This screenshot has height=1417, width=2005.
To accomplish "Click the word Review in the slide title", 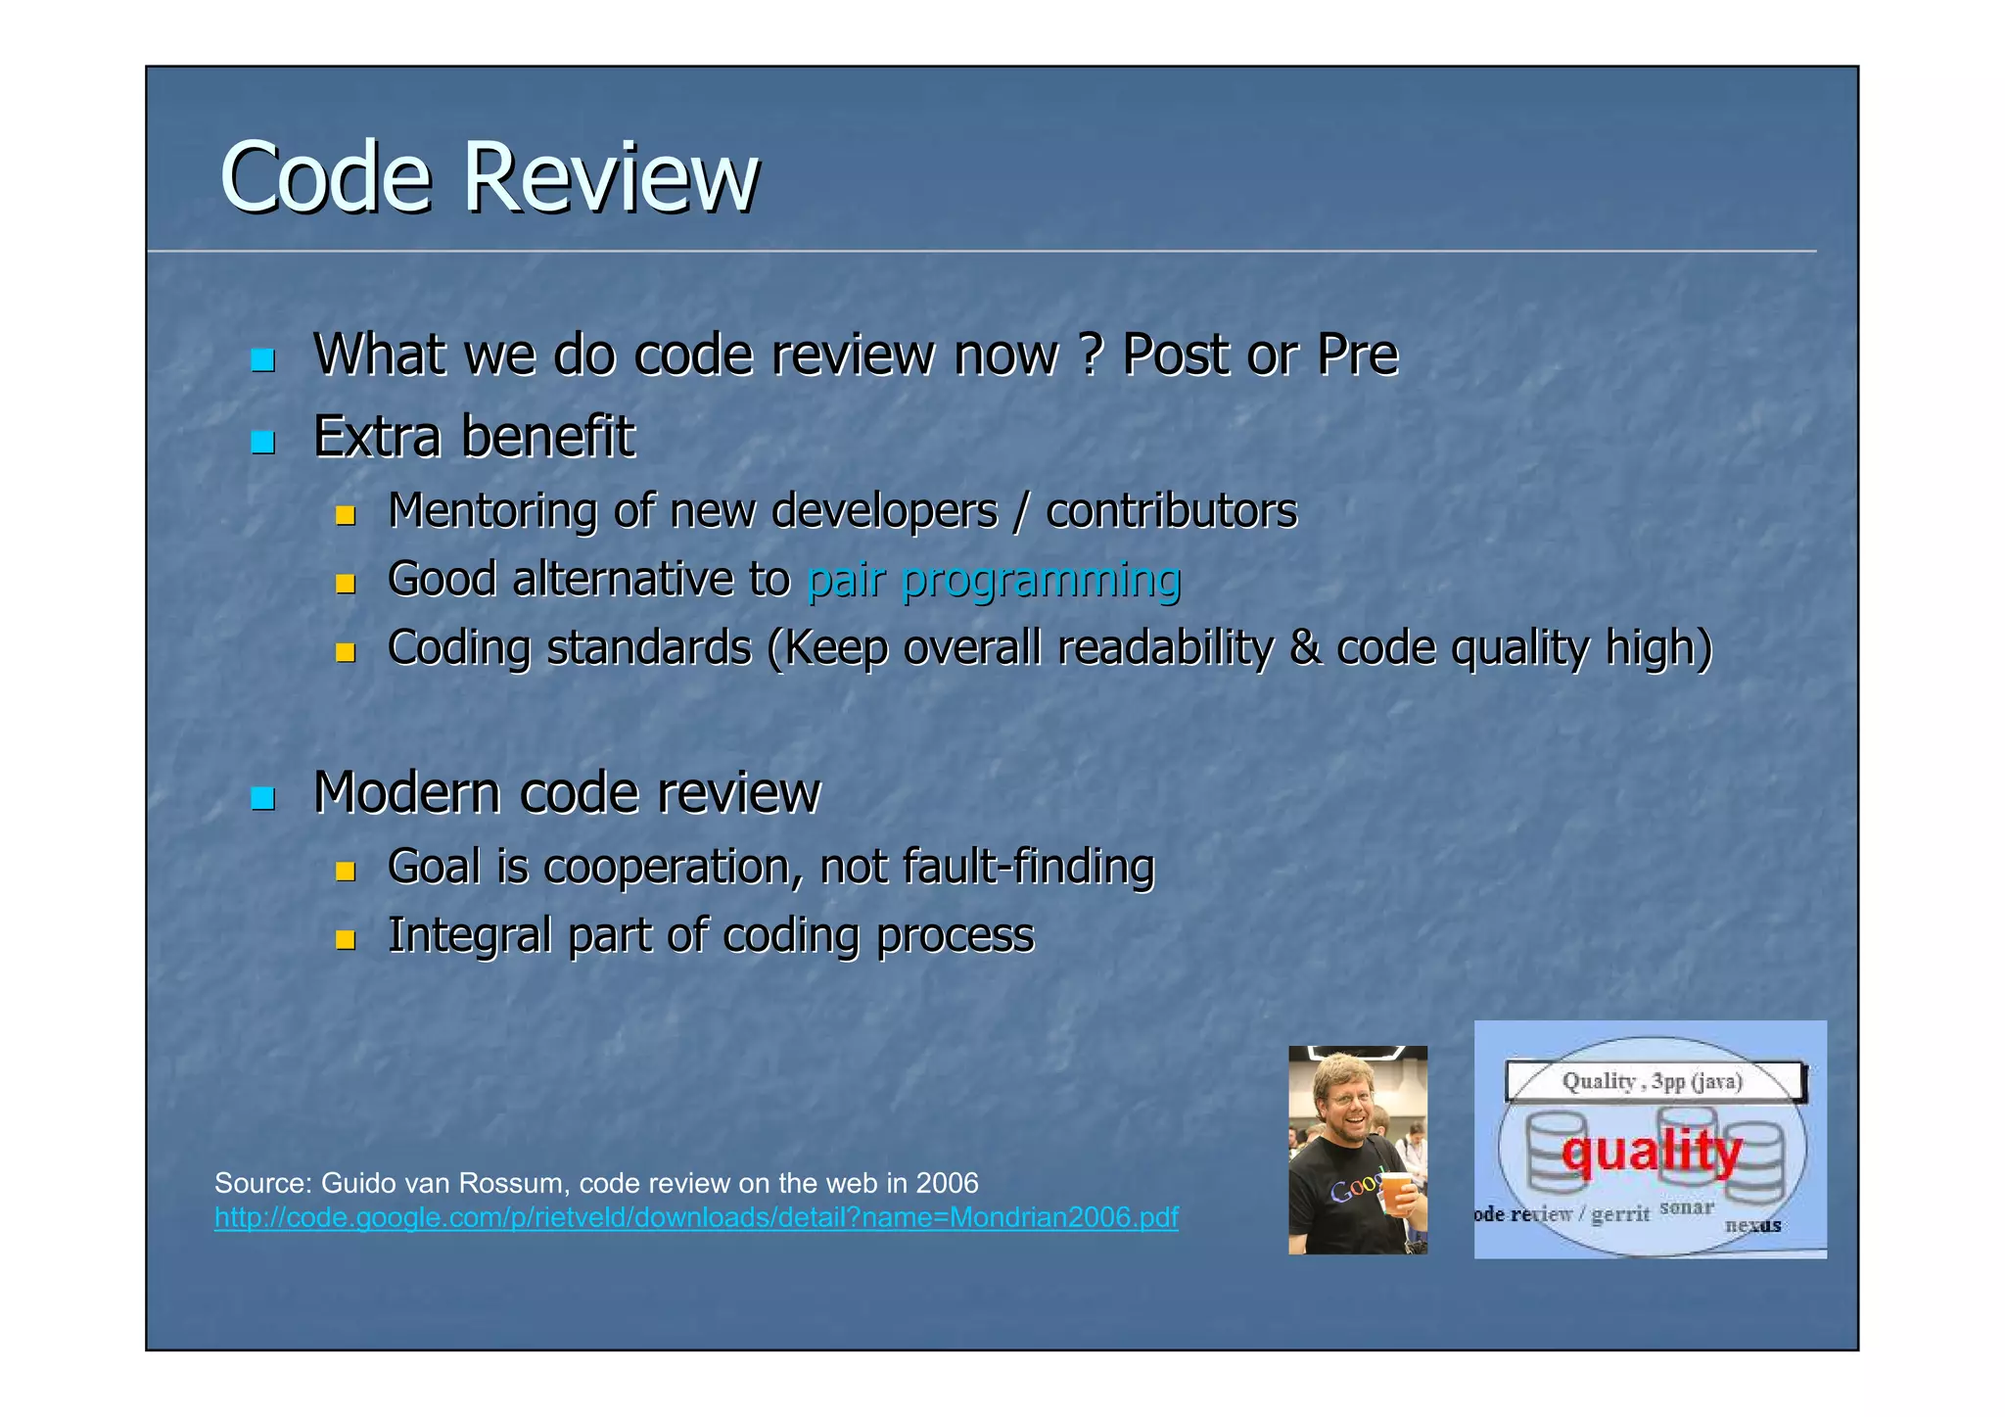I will click(x=610, y=177).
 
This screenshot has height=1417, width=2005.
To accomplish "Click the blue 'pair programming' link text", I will click(x=993, y=580).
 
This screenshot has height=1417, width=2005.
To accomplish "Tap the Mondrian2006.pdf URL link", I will click(x=696, y=1217).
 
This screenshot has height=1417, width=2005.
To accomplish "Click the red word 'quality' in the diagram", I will click(x=1652, y=1151).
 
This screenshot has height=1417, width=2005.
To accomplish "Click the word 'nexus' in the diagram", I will click(x=1752, y=1225).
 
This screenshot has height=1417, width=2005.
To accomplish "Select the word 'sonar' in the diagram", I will click(x=1687, y=1207).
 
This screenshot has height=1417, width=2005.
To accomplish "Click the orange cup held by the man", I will click(x=1394, y=1191).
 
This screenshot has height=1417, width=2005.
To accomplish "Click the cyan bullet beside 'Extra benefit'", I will click(x=261, y=442).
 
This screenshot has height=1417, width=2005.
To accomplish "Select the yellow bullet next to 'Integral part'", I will click(x=345, y=940).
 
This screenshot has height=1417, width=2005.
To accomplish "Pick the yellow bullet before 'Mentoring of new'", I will click(x=345, y=515).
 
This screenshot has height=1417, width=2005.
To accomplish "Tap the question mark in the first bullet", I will click(x=1090, y=354).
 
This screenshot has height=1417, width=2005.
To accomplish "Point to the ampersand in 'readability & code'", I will click(x=1304, y=648).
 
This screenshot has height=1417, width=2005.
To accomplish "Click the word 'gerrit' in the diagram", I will click(x=1620, y=1215).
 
